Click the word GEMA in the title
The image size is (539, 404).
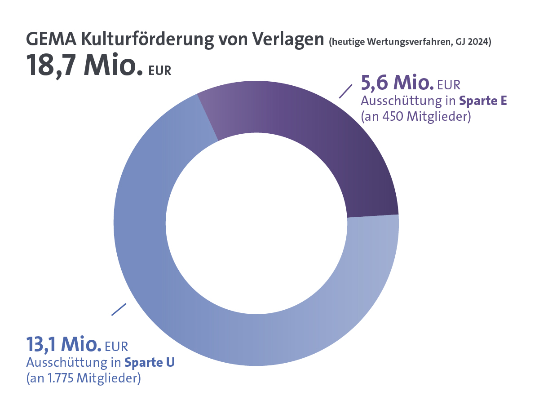(x=52, y=39)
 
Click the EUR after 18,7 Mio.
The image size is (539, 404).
(x=160, y=71)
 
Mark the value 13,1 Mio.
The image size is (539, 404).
(x=63, y=344)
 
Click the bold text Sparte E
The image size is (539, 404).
(x=483, y=101)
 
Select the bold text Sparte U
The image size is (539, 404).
(x=150, y=362)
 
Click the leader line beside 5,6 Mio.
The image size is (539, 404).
(x=345, y=91)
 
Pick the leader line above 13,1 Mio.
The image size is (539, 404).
(x=119, y=309)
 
